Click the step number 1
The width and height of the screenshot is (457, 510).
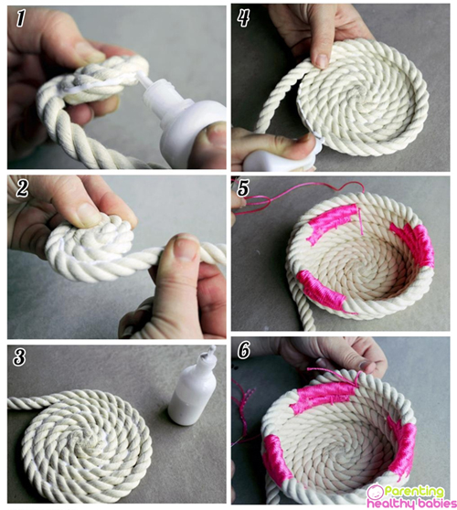(x=20, y=18)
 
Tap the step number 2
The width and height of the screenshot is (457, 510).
(x=22, y=188)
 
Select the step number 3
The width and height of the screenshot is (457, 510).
(x=19, y=357)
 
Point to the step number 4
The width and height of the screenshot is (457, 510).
(x=244, y=18)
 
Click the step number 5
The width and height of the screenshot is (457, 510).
(x=243, y=188)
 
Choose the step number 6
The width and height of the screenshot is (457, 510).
(x=244, y=350)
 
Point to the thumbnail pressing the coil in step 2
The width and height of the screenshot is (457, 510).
(x=87, y=215)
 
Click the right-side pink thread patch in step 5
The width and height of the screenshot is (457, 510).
(x=414, y=243)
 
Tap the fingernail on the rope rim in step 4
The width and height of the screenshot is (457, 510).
(x=323, y=61)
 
